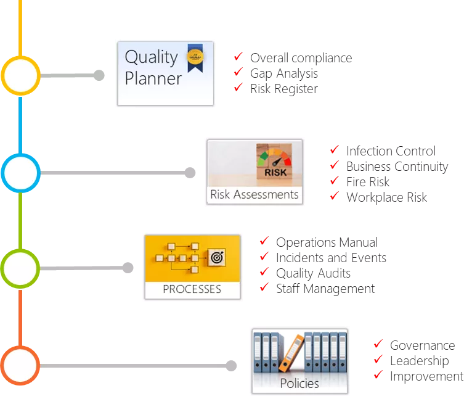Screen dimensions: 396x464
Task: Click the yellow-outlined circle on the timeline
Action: pyautogui.click(x=21, y=75)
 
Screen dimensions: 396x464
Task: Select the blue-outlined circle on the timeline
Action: pyautogui.click(x=21, y=173)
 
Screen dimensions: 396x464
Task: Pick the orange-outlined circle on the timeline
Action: pyautogui.click(x=21, y=366)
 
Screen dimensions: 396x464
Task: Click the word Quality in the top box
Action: pyautogui.click(x=151, y=57)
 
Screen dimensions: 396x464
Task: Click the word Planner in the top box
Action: pyautogui.click(x=153, y=78)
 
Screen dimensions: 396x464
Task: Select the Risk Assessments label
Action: pyautogui.click(x=254, y=195)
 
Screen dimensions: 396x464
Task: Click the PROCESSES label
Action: pyautogui.click(x=192, y=289)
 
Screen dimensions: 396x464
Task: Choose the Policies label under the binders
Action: pyautogui.click(x=299, y=383)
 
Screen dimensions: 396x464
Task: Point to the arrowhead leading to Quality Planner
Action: pyautogui.click(x=103, y=76)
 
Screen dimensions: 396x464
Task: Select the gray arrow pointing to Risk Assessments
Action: pyautogui.click(x=117, y=173)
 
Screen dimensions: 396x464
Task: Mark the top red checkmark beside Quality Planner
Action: pyautogui.click(x=237, y=57)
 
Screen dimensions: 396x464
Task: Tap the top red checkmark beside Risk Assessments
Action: pyautogui.click(x=334, y=149)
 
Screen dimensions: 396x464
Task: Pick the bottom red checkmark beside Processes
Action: pyautogui.click(x=264, y=287)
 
